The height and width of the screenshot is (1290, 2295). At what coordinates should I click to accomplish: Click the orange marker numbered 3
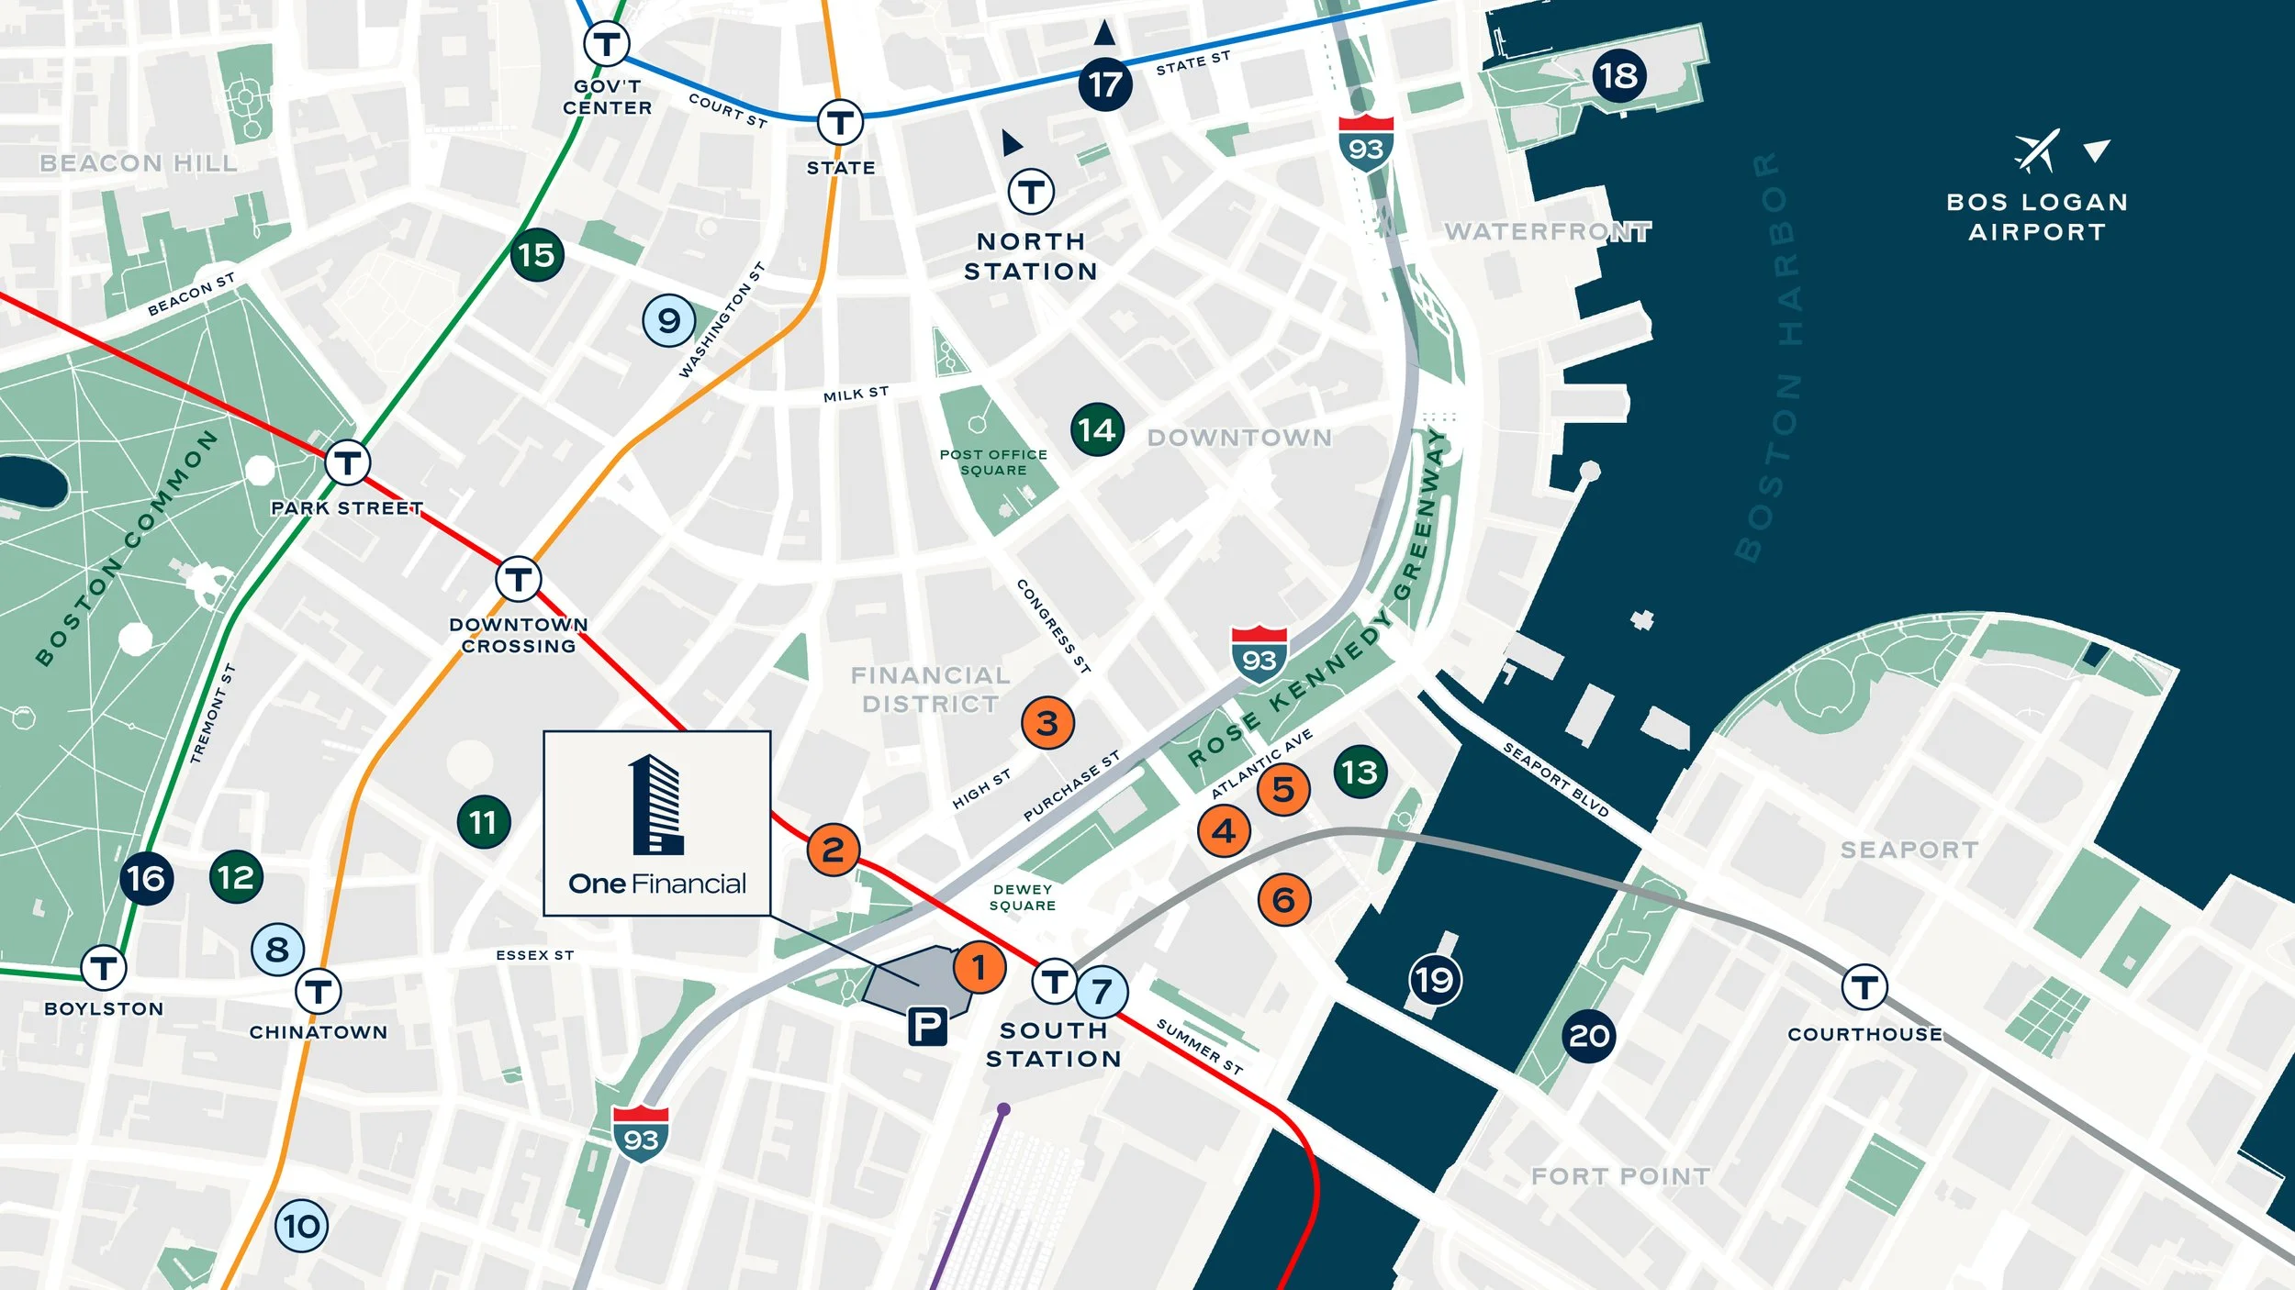click(1047, 723)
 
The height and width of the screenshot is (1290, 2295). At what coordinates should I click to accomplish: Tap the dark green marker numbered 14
click(1097, 429)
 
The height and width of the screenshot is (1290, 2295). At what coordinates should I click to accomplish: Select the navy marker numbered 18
click(1618, 75)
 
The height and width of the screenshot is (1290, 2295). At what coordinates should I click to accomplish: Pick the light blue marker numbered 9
click(669, 320)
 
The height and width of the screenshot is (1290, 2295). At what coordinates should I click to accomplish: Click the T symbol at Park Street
click(347, 462)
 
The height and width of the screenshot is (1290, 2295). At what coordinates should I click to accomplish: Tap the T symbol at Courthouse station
click(1864, 988)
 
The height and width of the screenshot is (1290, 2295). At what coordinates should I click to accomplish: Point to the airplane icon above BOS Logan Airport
click(2037, 150)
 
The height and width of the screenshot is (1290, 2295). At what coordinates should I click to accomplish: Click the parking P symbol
click(927, 1026)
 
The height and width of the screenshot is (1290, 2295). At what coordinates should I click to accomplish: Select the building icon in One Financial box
click(656, 805)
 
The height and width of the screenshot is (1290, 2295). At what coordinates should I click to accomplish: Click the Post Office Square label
click(993, 462)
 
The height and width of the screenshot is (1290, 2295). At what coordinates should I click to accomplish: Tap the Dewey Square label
click(1023, 897)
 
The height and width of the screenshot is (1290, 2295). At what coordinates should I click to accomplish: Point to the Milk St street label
click(856, 395)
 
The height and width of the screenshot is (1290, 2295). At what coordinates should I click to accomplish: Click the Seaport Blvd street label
click(1555, 781)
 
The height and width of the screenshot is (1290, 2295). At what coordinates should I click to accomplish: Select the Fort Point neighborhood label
click(1620, 1176)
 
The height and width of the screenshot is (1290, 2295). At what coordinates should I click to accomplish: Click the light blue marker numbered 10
click(301, 1226)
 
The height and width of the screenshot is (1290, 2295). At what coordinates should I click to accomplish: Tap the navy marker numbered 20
click(1589, 1036)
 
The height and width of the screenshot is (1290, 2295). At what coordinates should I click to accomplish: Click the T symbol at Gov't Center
click(607, 43)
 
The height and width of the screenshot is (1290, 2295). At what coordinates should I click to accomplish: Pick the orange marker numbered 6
click(1283, 900)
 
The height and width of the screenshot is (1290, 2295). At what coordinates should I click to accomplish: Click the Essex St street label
click(535, 955)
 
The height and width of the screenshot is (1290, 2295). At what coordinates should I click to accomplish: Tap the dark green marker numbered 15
click(537, 254)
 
